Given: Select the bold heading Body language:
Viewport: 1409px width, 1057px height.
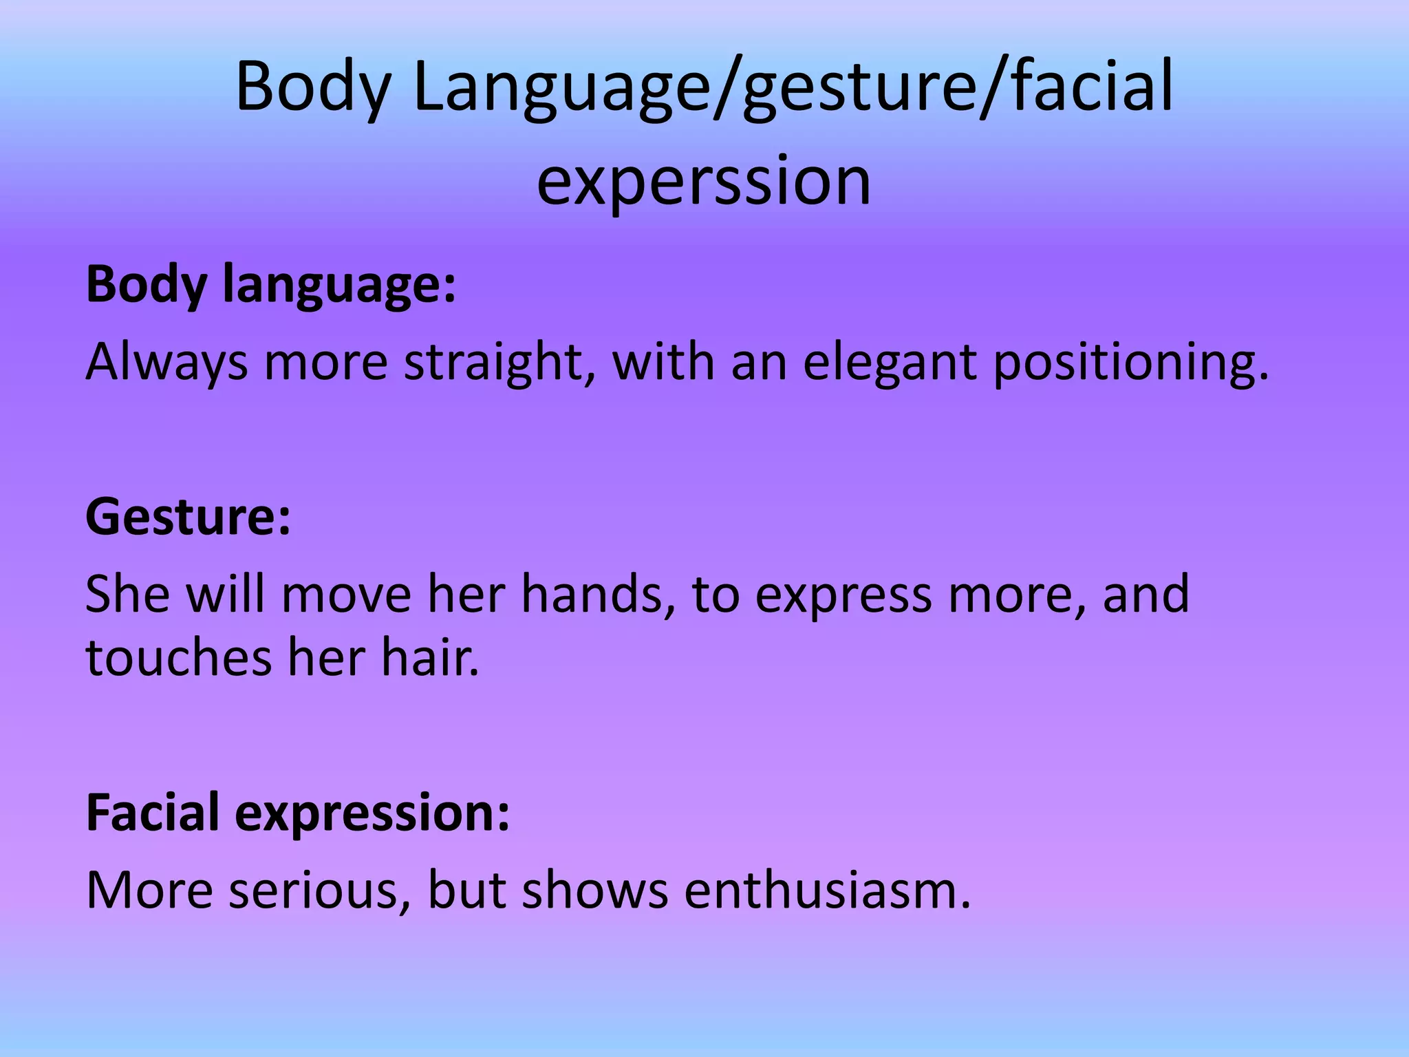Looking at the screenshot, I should [270, 286].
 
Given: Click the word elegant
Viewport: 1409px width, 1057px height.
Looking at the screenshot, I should [889, 363].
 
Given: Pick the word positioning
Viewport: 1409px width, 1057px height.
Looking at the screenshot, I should [1131, 363].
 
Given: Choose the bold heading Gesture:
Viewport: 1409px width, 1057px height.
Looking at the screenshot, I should [188, 517].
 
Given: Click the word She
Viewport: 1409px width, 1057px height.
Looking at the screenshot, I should [127, 594].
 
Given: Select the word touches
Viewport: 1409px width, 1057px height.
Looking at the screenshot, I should [178, 657].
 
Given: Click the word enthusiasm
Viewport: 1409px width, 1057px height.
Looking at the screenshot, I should [827, 890].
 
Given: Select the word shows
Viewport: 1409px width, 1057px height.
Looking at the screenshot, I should [595, 890].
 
